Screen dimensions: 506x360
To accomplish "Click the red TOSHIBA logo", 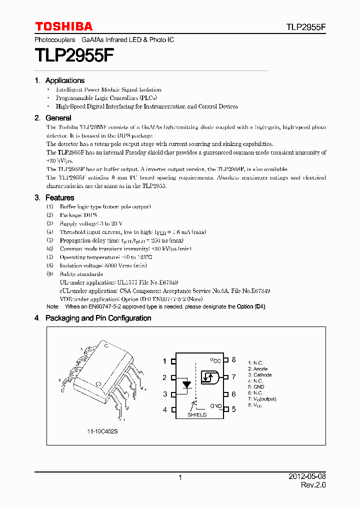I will pos(63,26).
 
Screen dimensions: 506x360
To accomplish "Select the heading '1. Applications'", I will pos(59,80).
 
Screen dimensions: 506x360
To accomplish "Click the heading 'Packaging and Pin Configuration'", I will pos(98,318).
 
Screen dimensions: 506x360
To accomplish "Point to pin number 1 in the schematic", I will pos(165,360).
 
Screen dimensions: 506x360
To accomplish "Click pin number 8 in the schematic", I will pos(233,360).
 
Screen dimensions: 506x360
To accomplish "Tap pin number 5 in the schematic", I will pos(233,409).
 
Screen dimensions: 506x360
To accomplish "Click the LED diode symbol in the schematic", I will pos(187,385).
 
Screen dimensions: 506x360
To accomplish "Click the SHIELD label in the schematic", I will pos(197,414).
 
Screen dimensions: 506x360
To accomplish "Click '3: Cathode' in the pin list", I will pos(259,375).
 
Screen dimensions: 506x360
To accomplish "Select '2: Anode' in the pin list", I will pos(257,369).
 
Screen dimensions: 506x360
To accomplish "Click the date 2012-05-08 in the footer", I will pos(307,477).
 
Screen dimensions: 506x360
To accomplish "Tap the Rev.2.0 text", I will pos(313,485).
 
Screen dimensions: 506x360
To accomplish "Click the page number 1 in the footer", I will pos(180,478).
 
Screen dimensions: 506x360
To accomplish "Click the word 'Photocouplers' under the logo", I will pos(55,39).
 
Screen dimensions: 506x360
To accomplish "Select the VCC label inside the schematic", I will pos(215,360).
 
